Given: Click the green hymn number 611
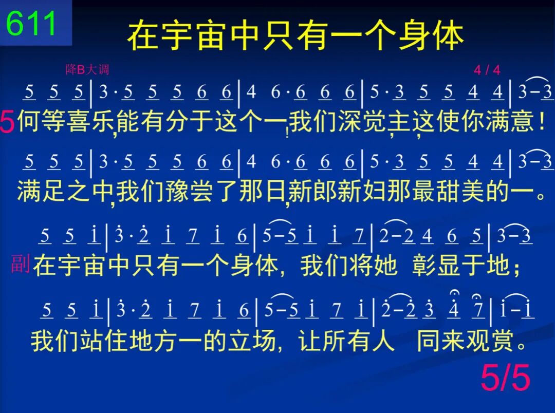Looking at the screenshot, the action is click(x=31, y=23).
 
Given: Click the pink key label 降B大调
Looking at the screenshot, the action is click(x=87, y=69).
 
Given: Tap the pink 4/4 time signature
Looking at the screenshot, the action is click(x=487, y=70).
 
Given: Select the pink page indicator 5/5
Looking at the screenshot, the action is click(x=506, y=378).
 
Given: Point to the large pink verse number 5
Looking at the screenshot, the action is click(x=7, y=121).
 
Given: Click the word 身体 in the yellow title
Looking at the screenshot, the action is click(x=431, y=36).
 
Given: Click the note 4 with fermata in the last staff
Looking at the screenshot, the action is click(x=454, y=305).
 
